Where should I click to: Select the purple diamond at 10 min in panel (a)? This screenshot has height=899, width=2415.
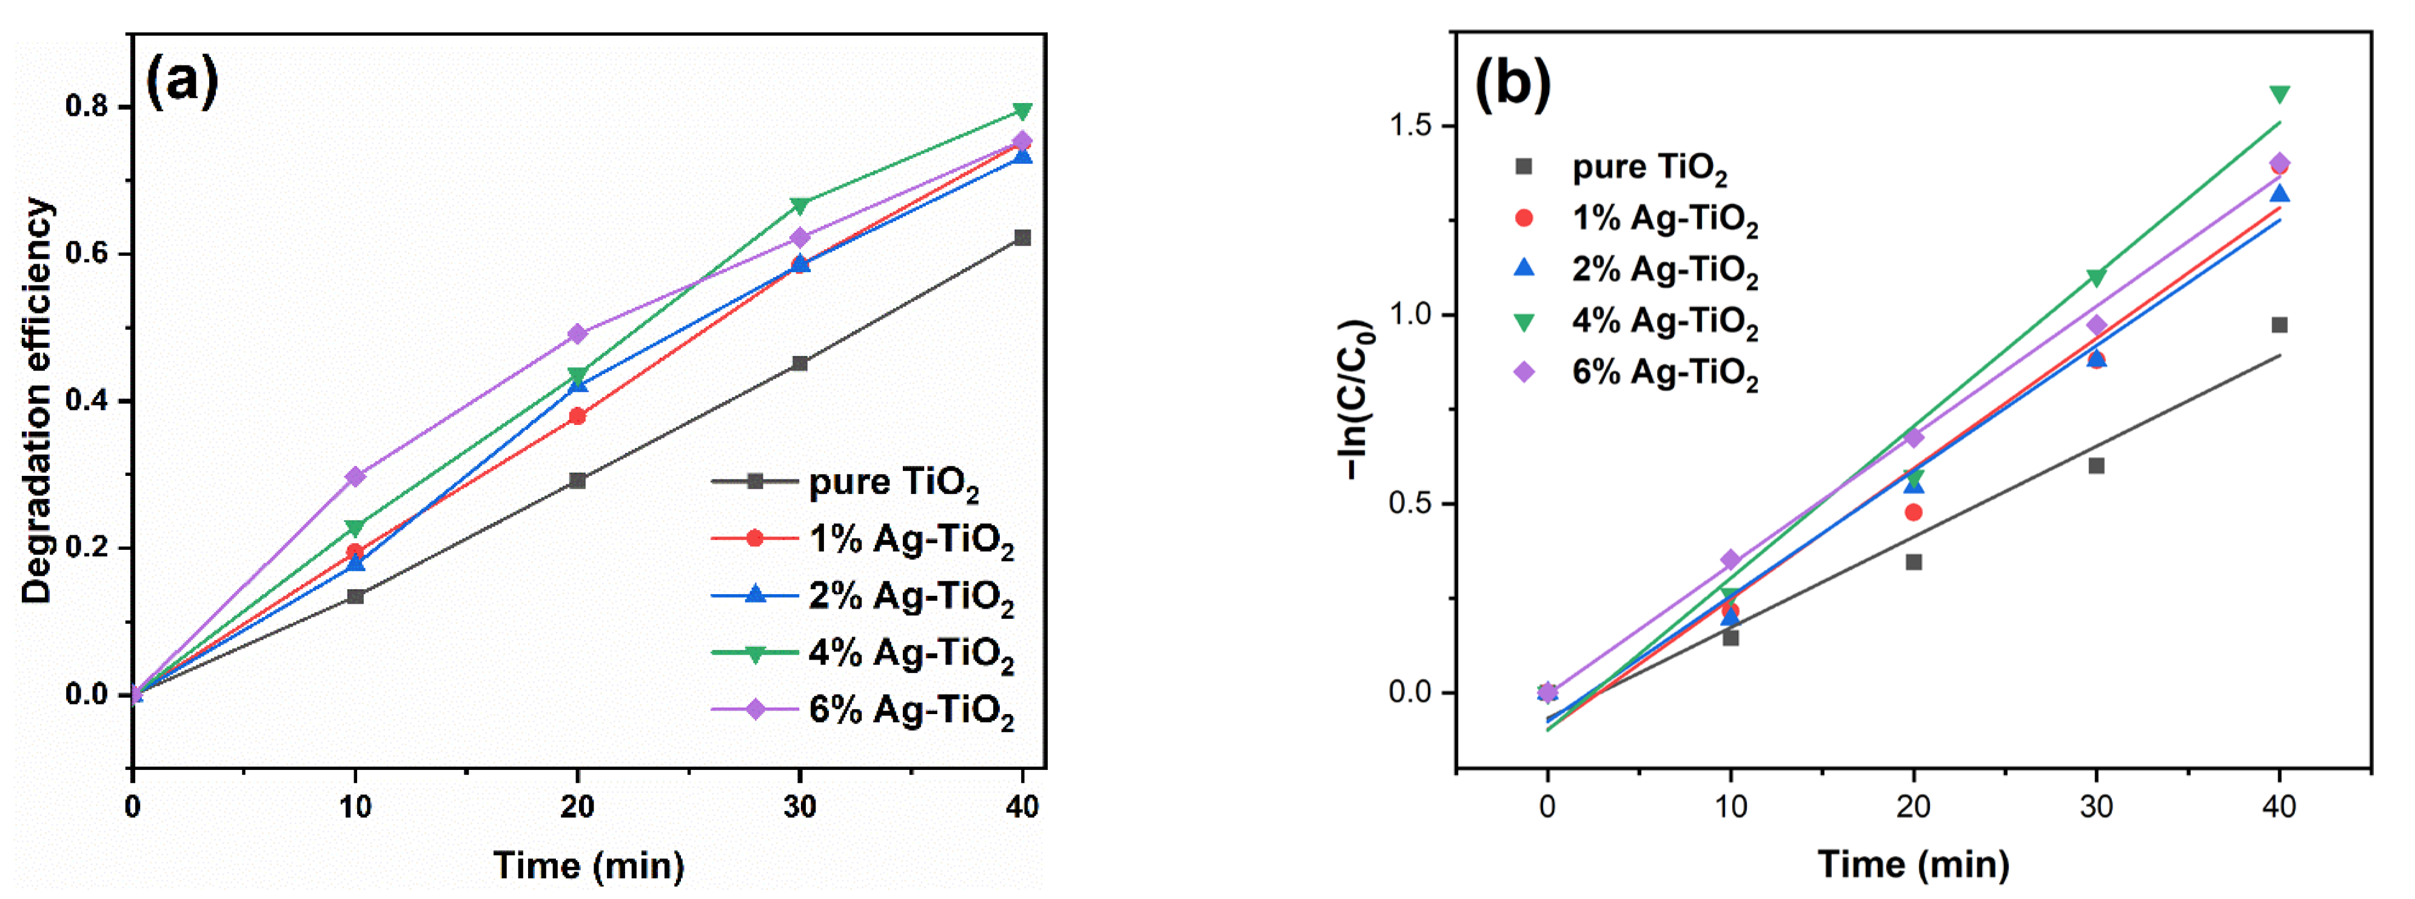[355, 476]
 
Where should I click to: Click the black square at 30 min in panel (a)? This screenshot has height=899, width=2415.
[800, 363]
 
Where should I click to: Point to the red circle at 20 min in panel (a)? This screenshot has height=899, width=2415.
[577, 416]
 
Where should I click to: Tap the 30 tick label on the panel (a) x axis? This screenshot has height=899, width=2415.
[800, 807]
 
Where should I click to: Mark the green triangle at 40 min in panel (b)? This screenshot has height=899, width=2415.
[2279, 95]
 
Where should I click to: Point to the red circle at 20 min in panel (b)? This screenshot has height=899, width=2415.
[1914, 512]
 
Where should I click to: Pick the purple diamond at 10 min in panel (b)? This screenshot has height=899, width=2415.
[1730, 560]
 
